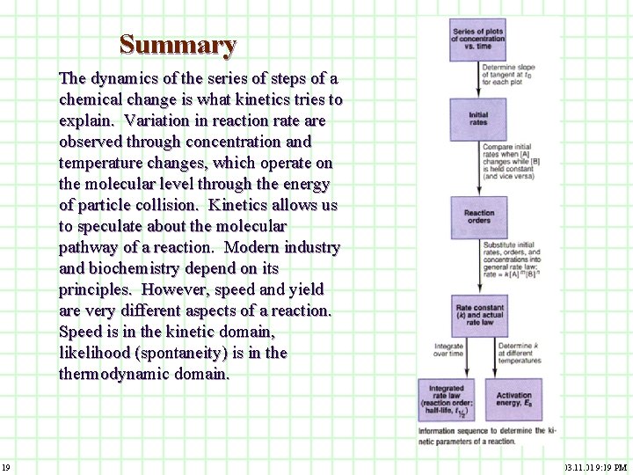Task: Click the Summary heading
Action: pos(178,44)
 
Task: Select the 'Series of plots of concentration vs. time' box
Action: pos(477,40)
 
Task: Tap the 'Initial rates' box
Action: pos(477,119)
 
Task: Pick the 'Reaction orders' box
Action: pos(478,216)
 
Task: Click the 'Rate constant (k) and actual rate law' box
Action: pos(478,315)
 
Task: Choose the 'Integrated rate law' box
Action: pos(447,400)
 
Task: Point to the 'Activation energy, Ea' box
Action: pos(513,400)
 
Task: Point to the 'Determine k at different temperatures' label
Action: pos(519,353)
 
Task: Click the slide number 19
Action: pos(5,466)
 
